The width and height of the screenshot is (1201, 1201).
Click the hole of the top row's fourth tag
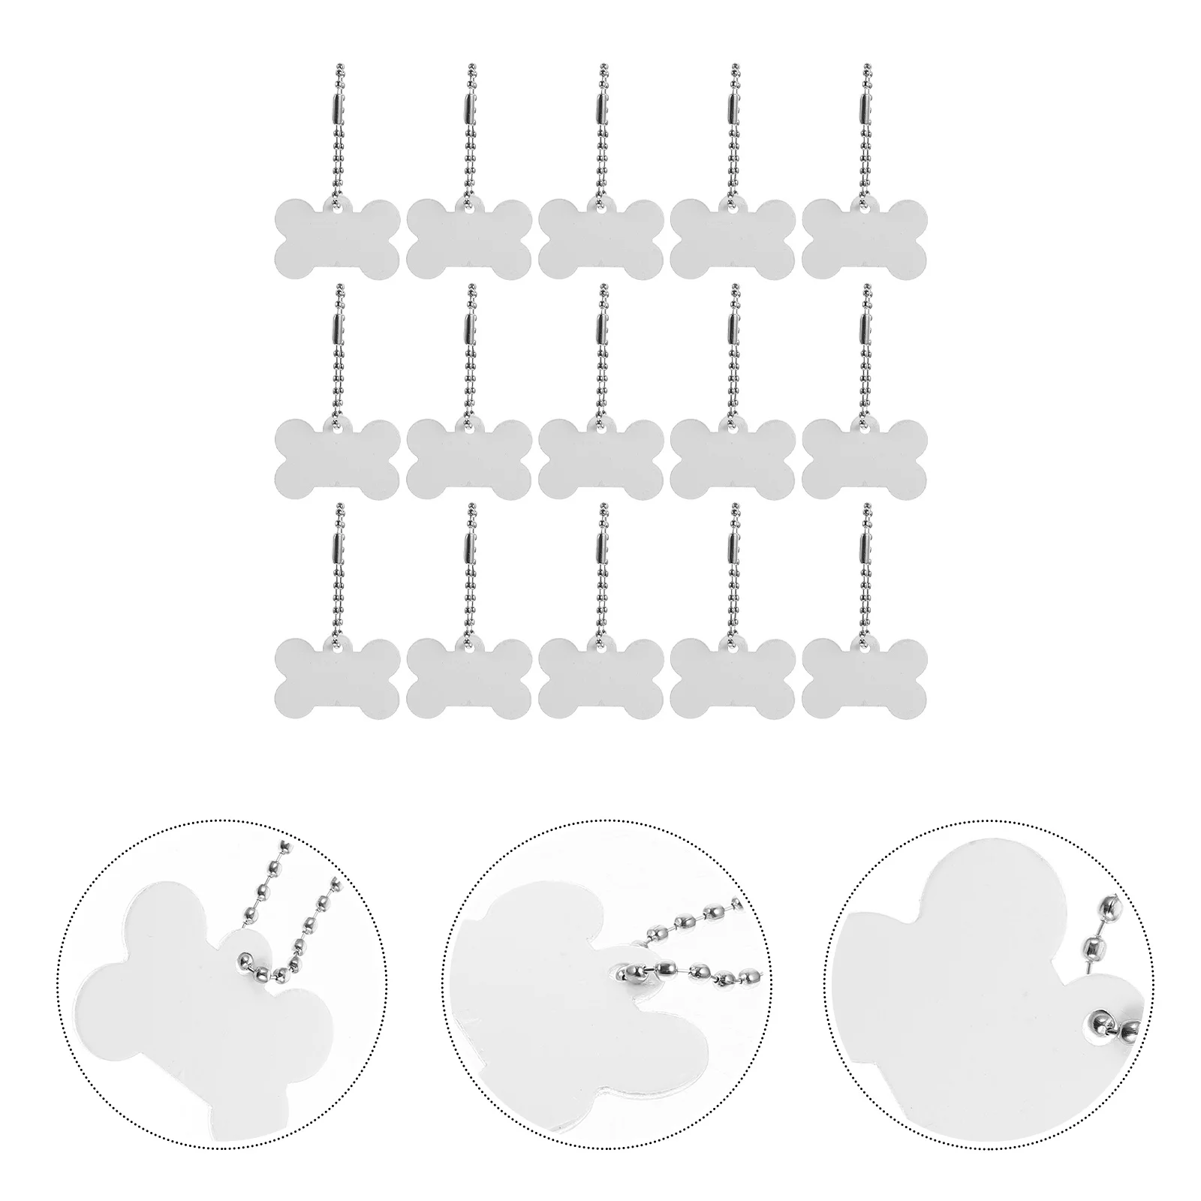pyautogui.click(x=733, y=209)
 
